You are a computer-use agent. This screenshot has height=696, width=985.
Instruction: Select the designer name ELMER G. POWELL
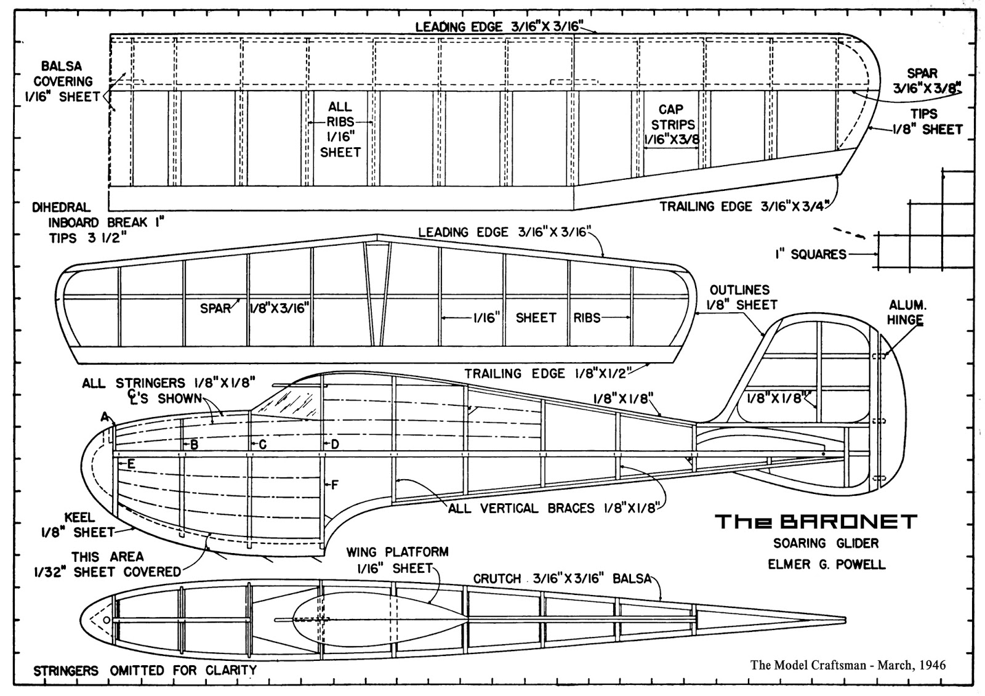(826, 564)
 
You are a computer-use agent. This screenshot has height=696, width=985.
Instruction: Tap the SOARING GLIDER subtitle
(826, 543)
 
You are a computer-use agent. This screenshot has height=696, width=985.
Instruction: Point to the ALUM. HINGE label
(906, 312)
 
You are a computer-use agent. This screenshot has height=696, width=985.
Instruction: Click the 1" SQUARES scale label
(810, 254)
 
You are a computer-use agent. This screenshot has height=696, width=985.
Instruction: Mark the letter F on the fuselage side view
(334, 485)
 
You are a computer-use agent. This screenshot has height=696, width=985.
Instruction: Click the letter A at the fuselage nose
(105, 418)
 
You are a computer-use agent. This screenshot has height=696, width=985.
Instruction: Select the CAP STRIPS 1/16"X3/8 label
(671, 124)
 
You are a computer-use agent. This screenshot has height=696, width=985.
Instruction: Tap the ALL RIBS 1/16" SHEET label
(340, 129)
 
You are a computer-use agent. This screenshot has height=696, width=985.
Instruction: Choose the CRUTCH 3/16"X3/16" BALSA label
(562, 578)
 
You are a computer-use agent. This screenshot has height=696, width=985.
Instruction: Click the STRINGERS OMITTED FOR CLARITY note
(145, 670)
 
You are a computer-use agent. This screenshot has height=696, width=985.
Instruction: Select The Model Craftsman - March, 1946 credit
(848, 665)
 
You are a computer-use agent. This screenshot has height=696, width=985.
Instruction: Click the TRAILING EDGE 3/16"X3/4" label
(745, 206)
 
